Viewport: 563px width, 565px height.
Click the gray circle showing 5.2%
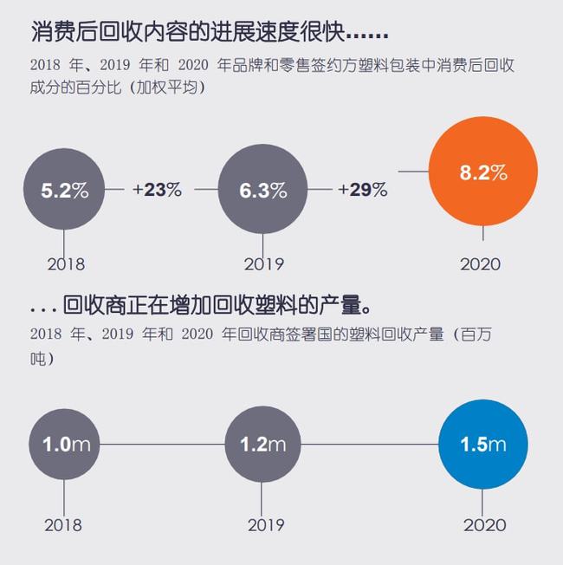tap(65, 191)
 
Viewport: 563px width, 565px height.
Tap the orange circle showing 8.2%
tap(482, 172)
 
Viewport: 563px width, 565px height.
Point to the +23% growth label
tap(157, 191)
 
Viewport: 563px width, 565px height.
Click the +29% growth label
tap(362, 191)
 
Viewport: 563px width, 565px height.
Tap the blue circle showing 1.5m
tap(483, 445)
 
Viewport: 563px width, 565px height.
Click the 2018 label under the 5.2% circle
tap(65, 263)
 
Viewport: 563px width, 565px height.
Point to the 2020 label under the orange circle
tap(482, 263)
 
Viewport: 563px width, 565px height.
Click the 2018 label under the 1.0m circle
tap(63, 524)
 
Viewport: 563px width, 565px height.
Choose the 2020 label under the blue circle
tap(485, 524)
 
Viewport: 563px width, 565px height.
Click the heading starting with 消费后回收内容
tap(208, 33)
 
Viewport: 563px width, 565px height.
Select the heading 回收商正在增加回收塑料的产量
tap(217, 306)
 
